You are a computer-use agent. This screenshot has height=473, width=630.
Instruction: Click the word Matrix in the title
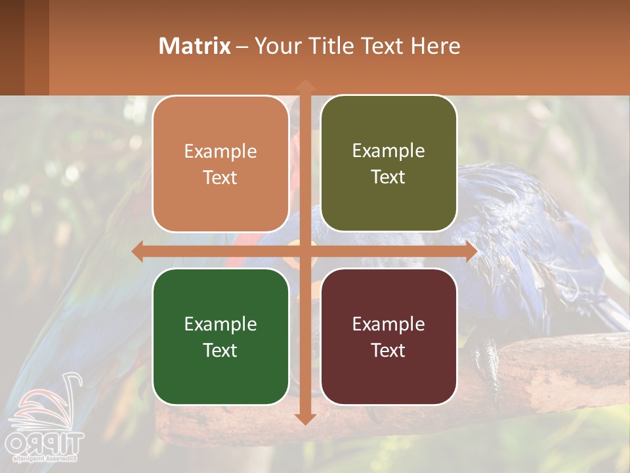[x=195, y=46]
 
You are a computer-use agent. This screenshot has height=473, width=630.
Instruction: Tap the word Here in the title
[x=435, y=46]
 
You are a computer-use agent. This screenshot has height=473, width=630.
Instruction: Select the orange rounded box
[x=220, y=164]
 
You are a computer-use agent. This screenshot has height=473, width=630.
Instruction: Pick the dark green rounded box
[x=220, y=336]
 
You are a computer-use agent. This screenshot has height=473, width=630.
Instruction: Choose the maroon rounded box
[x=388, y=336]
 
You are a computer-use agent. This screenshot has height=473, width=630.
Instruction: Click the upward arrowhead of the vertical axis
[x=305, y=85]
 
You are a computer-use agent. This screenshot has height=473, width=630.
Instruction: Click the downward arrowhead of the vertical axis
[x=305, y=418]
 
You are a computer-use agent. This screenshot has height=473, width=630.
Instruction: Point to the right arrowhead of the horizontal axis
[x=471, y=251]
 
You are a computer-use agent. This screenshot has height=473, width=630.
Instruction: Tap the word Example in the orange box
[x=220, y=151]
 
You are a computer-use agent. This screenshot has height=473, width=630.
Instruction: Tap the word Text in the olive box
[x=388, y=177]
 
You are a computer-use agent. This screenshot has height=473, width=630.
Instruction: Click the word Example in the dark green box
[x=220, y=324]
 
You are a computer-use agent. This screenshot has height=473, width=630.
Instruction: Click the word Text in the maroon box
[x=388, y=350]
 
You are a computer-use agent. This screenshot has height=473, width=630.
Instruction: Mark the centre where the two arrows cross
[x=305, y=251]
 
